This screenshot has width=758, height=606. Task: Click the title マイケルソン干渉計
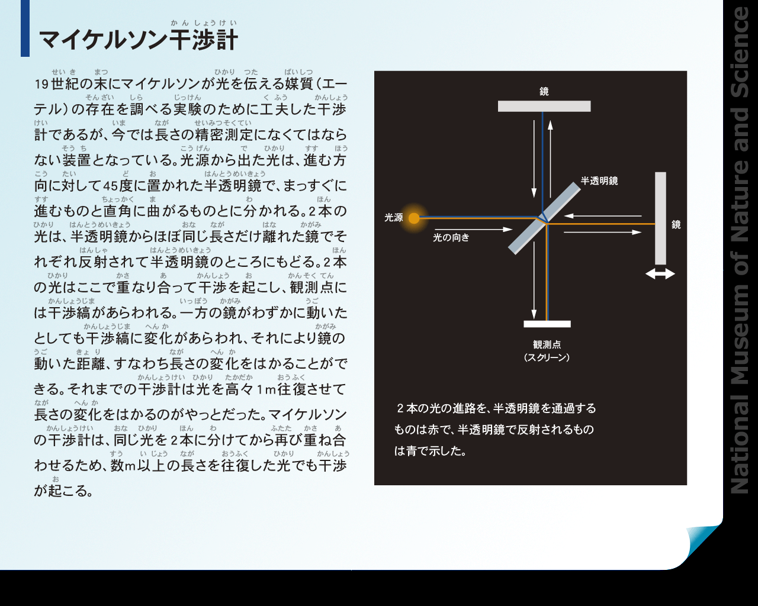pos(139,40)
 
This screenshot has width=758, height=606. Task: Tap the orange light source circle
pos(414,218)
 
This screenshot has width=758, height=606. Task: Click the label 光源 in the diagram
pos(393,218)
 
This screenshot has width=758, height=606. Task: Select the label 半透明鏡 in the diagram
pos(599,181)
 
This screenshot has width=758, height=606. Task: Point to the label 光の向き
pos(451,238)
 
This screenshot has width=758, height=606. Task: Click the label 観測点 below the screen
pos(547,344)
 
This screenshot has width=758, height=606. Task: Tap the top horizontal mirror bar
pos(544,107)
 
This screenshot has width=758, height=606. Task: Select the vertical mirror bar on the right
pos(660,218)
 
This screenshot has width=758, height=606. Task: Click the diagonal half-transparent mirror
pos(544,218)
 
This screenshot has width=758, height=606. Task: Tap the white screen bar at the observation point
pos(547,324)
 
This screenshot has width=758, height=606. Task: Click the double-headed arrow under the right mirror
pos(660,274)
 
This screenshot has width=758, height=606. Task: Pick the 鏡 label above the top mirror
pos(544,92)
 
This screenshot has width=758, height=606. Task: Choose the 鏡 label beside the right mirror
pos(676,225)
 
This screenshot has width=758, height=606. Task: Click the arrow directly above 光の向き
pos(473,230)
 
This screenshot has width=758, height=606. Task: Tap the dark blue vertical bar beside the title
pos(25,28)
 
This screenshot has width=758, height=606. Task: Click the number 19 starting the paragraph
pos(41,85)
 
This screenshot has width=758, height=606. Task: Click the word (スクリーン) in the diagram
pos(547,358)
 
